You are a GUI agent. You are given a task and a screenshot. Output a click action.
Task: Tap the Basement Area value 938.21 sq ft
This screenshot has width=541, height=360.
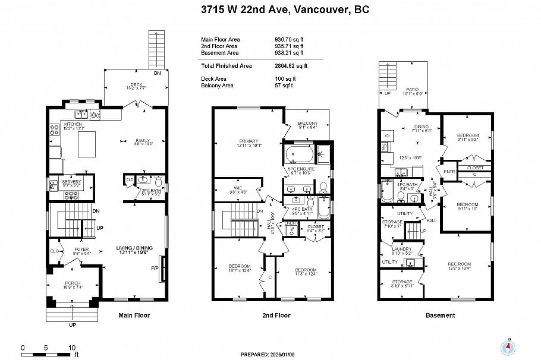tap(285, 52)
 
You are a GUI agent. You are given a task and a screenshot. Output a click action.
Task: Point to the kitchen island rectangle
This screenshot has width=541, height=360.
tap(87, 144)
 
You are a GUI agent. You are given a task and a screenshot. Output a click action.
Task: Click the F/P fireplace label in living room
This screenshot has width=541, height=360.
tap(155, 269)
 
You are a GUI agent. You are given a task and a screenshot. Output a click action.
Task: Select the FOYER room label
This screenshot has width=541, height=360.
tap(81, 249)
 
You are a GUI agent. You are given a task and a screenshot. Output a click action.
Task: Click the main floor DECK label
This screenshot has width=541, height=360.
tap(137, 84)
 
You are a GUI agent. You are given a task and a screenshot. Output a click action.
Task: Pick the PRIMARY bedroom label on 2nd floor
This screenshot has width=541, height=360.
tap(249, 141)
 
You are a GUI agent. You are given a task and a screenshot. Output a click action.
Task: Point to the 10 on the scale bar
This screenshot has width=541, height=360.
tap(71, 348)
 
